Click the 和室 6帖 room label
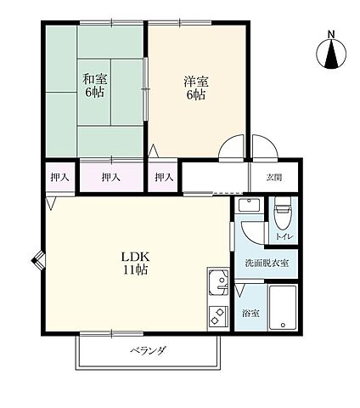[x=94, y=85]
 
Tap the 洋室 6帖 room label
[x=196, y=88]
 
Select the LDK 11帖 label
[x=135, y=263]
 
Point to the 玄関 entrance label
[x=274, y=178]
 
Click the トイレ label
[x=284, y=236]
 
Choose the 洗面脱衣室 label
[x=267, y=263]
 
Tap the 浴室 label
[x=250, y=314]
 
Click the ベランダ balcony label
[x=148, y=350]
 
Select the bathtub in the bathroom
[x=283, y=308]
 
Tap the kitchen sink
[x=218, y=282]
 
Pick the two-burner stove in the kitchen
[x=218, y=316]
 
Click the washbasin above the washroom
[x=249, y=205]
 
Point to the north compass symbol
[x=331, y=54]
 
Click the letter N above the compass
[x=331, y=34]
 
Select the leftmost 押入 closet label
[x=59, y=178]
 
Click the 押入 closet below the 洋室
[x=164, y=178]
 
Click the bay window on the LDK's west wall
[x=38, y=260]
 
